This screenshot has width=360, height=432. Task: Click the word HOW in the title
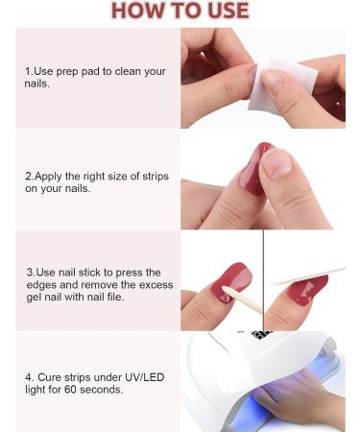(137, 12)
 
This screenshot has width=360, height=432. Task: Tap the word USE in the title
(224, 12)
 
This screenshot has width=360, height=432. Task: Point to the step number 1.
(29, 72)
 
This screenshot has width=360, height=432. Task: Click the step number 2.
(29, 176)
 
